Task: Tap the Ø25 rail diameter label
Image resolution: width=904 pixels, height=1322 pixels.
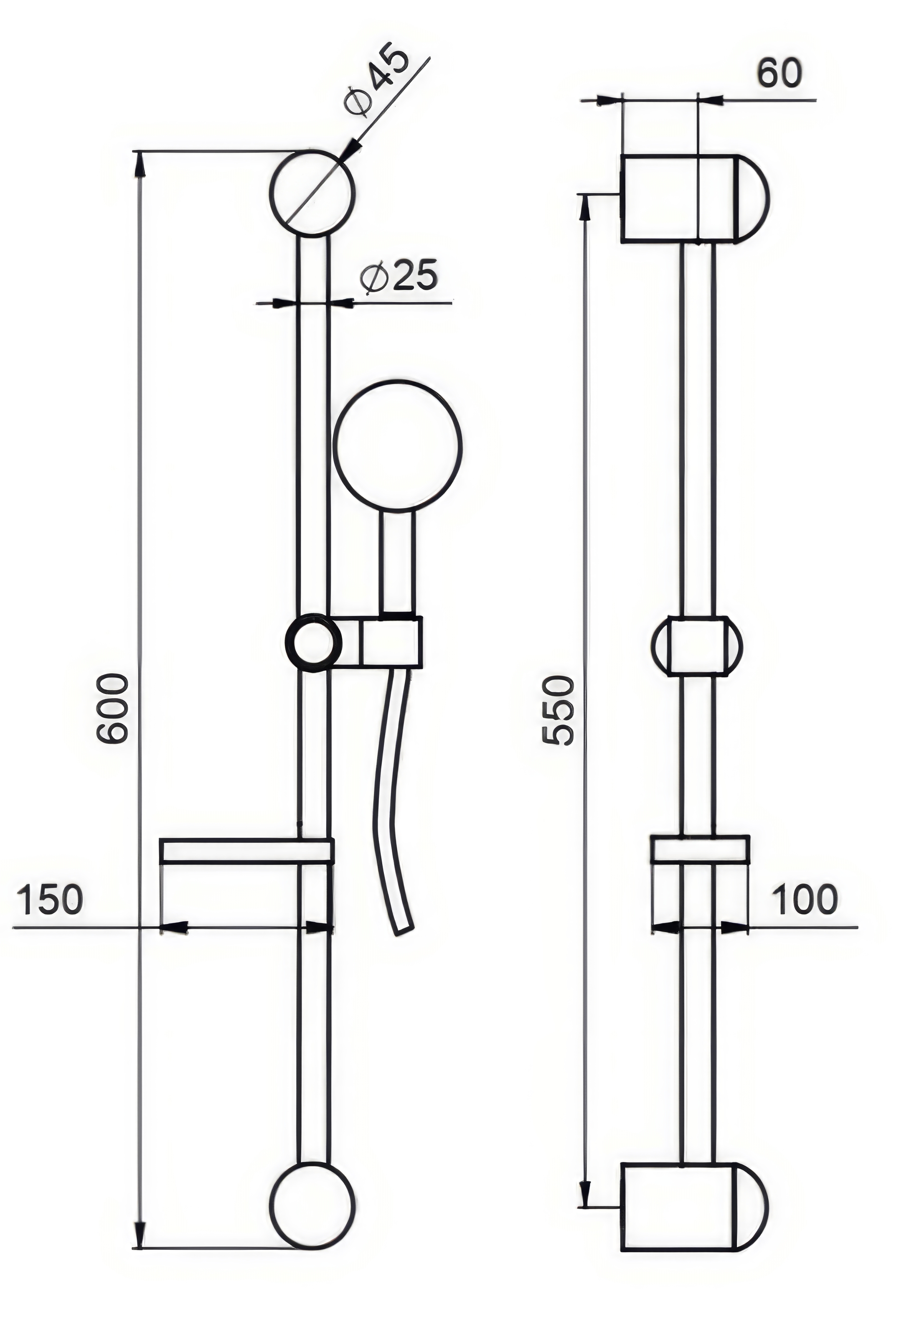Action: (399, 277)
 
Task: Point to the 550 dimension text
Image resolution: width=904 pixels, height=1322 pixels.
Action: (558, 710)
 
